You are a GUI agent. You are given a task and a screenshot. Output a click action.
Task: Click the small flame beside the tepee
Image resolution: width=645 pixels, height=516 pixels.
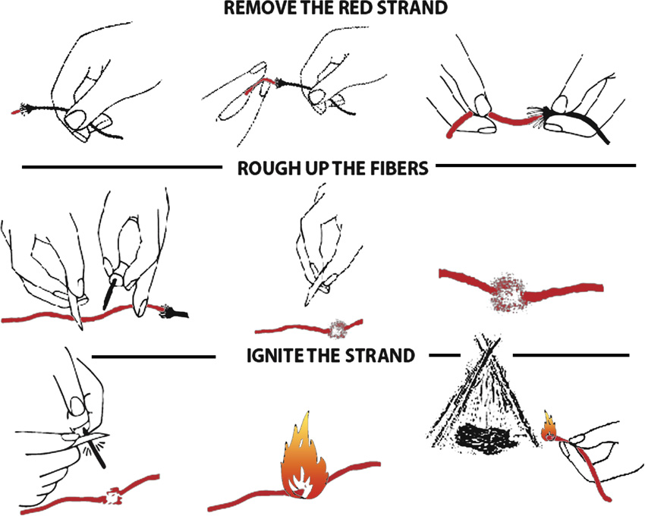coord(549,426)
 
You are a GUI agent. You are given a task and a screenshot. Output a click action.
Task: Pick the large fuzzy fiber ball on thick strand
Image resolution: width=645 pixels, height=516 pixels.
coord(507,291)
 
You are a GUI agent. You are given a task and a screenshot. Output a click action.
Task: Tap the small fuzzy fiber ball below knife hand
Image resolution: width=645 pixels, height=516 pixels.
coord(339,329)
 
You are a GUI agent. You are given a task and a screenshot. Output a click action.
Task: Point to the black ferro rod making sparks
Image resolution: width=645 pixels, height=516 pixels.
coord(93,448)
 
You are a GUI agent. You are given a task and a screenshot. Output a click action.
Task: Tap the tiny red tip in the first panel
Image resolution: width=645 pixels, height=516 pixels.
coord(15,112)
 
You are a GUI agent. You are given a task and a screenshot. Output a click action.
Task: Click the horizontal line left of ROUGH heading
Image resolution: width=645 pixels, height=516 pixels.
coord(121,167)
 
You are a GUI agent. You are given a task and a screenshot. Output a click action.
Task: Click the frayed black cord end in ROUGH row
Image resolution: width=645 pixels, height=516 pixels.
coord(174,311)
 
